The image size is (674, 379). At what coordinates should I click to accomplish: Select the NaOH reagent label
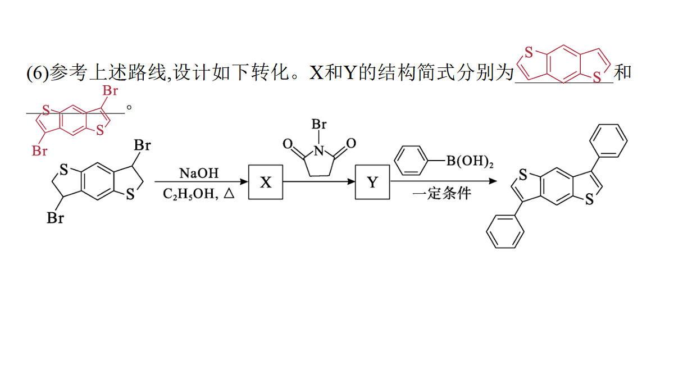coord(199,173)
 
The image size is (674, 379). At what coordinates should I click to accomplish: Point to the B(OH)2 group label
coord(470,161)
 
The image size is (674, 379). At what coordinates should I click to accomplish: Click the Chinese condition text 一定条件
coord(441,193)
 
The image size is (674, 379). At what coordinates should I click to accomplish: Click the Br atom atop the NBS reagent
coord(319,124)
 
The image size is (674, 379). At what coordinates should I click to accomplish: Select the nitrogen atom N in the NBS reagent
coord(319,150)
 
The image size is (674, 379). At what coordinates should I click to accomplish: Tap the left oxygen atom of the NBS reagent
coord(288,144)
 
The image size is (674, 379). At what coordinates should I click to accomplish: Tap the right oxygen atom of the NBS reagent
coord(351,143)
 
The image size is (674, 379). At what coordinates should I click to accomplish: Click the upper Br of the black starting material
coord(142,145)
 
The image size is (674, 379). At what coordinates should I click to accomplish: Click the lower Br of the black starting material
coord(55,218)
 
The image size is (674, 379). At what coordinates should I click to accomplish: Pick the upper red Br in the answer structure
coord(110,90)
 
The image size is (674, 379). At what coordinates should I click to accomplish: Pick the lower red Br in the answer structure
coord(39,150)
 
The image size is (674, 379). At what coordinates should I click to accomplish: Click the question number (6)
coord(38,73)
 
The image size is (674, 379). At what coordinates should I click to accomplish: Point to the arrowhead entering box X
coord(244,181)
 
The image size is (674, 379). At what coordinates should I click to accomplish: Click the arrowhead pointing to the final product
coord(493,181)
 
